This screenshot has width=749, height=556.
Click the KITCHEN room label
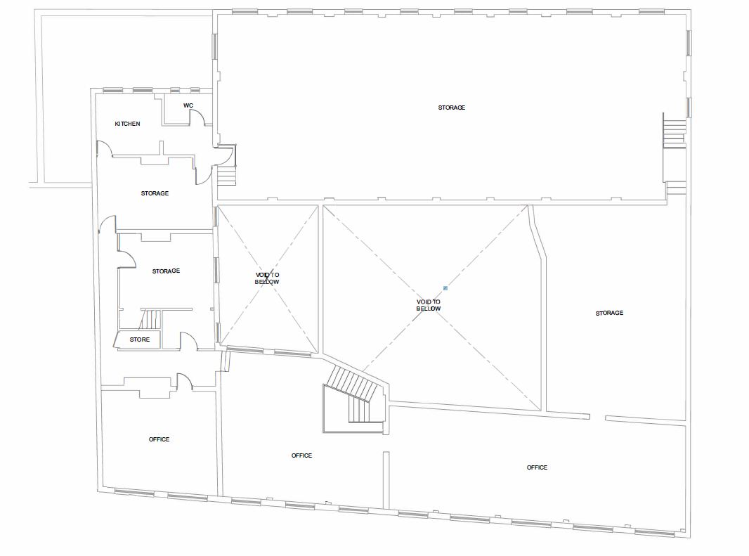click(x=128, y=124)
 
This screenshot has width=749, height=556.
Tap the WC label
click(x=188, y=105)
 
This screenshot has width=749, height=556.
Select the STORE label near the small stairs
click(x=140, y=340)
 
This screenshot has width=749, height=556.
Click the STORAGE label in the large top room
click(x=452, y=108)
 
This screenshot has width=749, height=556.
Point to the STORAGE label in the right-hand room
click(x=609, y=313)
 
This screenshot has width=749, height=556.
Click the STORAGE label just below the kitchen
click(x=155, y=193)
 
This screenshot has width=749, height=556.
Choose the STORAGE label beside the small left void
click(x=166, y=271)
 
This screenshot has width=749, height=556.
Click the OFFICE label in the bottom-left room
click(x=159, y=439)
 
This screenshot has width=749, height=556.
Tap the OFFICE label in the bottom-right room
click(x=537, y=467)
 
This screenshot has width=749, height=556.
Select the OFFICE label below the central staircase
click(x=301, y=455)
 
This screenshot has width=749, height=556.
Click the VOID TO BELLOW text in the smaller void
click(x=267, y=278)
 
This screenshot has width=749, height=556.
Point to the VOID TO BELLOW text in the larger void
click(x=428, y=305)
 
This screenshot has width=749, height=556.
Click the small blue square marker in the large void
click(x=445, y=287)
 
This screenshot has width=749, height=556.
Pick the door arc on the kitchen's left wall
click(x=103, y=148)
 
